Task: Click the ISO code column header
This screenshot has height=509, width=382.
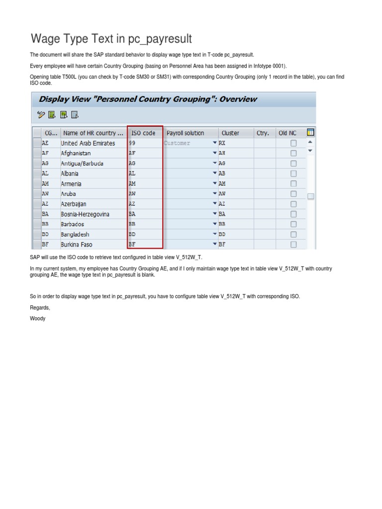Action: pos(144,133)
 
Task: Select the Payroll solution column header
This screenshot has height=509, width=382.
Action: pos(185,133)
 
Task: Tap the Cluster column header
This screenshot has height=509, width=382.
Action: pos(230,133)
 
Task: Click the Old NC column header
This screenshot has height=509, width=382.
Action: pos(287,133)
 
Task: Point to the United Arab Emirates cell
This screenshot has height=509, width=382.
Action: pos(88,143)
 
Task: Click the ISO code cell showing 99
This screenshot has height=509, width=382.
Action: pos(144,143)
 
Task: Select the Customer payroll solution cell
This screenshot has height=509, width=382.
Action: pos(187,143)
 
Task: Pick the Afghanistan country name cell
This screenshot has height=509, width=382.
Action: pos(76,154)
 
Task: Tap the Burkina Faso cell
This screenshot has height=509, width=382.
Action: pos(77,245)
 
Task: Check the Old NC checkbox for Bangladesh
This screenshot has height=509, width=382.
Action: pos(293,234)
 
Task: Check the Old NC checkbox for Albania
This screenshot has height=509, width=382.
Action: pos(293,173)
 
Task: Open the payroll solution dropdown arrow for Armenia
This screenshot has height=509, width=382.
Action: pos(214,183)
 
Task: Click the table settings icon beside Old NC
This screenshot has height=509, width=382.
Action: pos(311,133)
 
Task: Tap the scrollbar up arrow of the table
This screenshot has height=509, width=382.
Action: pos(310,142)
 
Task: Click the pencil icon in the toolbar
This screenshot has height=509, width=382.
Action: pos(41,115)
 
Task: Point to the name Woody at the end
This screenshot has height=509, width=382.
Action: pos(37,318)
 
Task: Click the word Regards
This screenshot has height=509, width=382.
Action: pos(40,308)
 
